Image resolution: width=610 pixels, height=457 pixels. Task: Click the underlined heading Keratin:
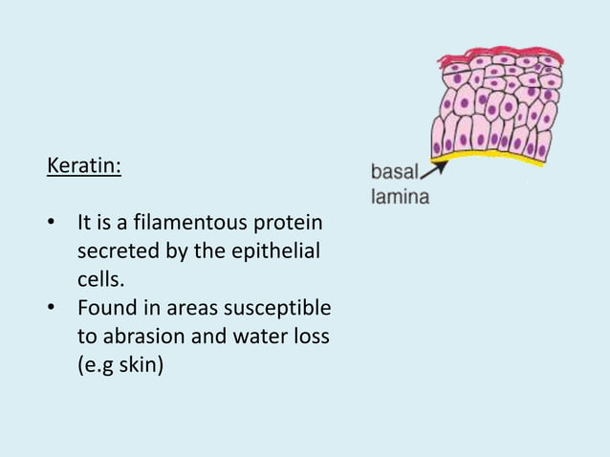click(x=84, y=166)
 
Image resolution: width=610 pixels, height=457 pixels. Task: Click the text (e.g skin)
click(x=120, y=366)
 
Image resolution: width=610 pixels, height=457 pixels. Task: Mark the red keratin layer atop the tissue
click(x=497, y=54)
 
